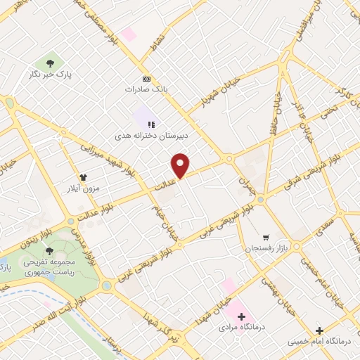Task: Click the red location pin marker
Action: pos(181,165)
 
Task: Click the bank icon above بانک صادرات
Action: pos(146,78)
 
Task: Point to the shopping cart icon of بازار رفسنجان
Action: pos(265,237)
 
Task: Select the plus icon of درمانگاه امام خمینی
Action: pos(319,330)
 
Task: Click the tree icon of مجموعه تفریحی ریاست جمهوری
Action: pos(49,250)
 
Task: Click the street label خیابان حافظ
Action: pos(272,116)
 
